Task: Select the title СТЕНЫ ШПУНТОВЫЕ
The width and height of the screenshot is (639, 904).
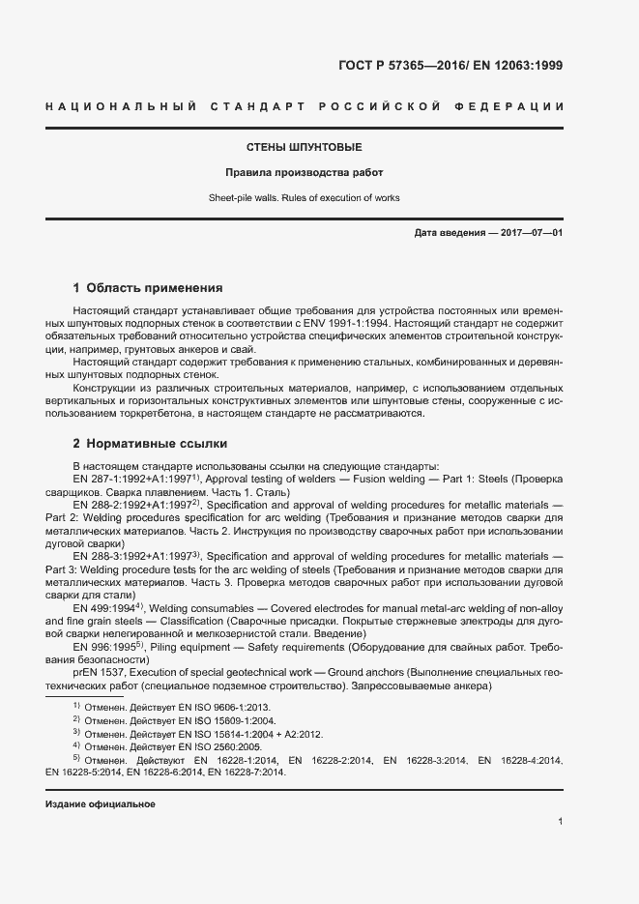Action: coord(304,148)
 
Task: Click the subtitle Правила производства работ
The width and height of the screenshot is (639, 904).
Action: coord(304,173)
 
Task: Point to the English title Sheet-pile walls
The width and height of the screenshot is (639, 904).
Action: coord(247,197)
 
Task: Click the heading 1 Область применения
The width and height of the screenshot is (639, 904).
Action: coord(148,288)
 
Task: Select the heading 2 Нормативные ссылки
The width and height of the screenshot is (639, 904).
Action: coord(150,445)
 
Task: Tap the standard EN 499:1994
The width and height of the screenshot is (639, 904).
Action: coord(103,607)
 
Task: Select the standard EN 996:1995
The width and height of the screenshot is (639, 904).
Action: coord(103,646)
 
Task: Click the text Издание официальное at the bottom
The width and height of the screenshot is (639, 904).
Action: coord(101,804)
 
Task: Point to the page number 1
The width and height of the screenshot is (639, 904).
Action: coord(561,822)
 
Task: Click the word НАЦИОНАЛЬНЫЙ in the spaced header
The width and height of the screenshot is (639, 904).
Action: coord(122,105)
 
